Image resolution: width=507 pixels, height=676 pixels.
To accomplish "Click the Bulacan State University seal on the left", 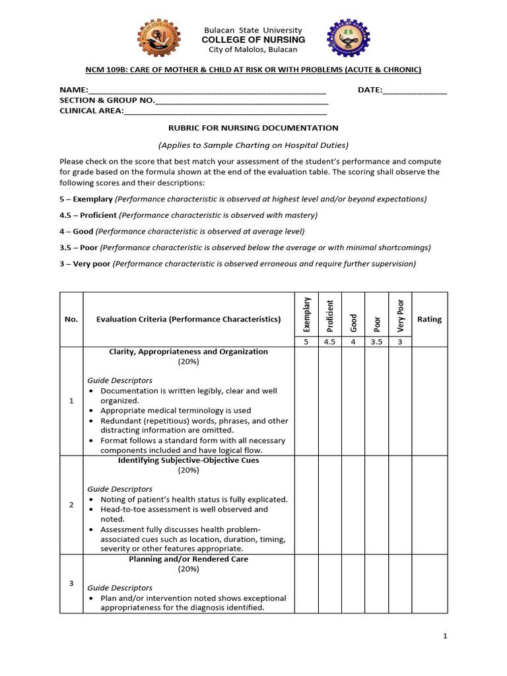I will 157,39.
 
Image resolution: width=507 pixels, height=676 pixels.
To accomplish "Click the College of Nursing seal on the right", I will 349,39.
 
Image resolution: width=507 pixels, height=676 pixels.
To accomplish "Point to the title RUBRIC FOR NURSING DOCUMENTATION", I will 253,128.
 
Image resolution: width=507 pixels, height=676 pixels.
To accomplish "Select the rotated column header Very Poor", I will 399,314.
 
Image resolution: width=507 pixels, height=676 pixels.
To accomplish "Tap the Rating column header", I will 429,320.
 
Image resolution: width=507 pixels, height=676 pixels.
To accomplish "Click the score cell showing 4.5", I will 330,342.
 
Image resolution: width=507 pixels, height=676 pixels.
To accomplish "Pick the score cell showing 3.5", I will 376,342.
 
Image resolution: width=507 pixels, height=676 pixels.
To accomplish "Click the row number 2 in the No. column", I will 71,505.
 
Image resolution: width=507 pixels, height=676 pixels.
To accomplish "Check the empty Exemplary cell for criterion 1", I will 306,401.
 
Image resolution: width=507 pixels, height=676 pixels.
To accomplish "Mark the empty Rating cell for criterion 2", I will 429,505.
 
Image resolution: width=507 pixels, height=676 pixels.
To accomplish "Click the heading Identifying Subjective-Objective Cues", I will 188,460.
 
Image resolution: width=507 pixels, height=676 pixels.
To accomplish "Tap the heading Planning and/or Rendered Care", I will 188,559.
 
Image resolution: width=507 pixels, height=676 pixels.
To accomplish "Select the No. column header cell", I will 71,320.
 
